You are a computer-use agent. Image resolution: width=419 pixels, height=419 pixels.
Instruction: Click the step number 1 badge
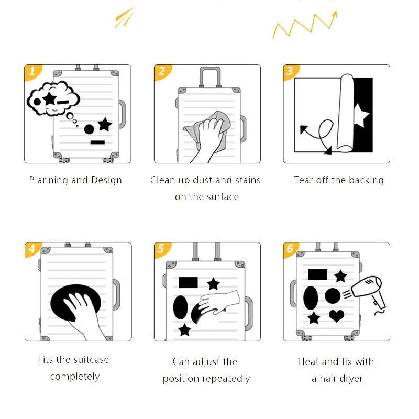pyautogui.click(x=32, y=71)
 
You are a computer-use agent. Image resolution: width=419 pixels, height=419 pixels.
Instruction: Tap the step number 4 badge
pyautogui.click(x=32, y=249)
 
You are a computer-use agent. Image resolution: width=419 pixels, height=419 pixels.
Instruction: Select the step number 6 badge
pyautogui.click(x=290, y=249)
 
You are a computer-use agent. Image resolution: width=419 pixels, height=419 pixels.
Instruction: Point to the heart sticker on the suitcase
pyautogui.click(x=336, y=316)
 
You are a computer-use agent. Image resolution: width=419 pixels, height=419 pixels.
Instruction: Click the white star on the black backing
pyautogui.click(x=361, y=115)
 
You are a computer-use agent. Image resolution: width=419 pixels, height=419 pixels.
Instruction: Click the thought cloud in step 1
pyautogui.click(x=53, y=99)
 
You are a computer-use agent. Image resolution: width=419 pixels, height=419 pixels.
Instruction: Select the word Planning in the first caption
pyautogui.click(x=48, y=180)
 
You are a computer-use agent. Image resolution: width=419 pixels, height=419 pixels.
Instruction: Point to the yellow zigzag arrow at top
pyautogui.click(x=305, y=25)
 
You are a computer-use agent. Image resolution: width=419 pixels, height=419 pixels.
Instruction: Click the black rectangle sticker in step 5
pyautogui.click(x=188, y=282)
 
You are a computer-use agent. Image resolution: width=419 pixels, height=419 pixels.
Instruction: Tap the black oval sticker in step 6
pyautogui.click(x=311, y=298)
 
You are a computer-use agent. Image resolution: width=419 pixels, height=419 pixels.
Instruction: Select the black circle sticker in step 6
pyautogui.click(x=333, y=296)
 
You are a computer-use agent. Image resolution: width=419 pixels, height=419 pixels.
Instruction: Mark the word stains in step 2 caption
pyautogui.click(x=248, y=180)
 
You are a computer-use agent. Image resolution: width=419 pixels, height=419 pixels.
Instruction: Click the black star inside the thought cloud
pyautogui.click(x=50, y=98)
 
